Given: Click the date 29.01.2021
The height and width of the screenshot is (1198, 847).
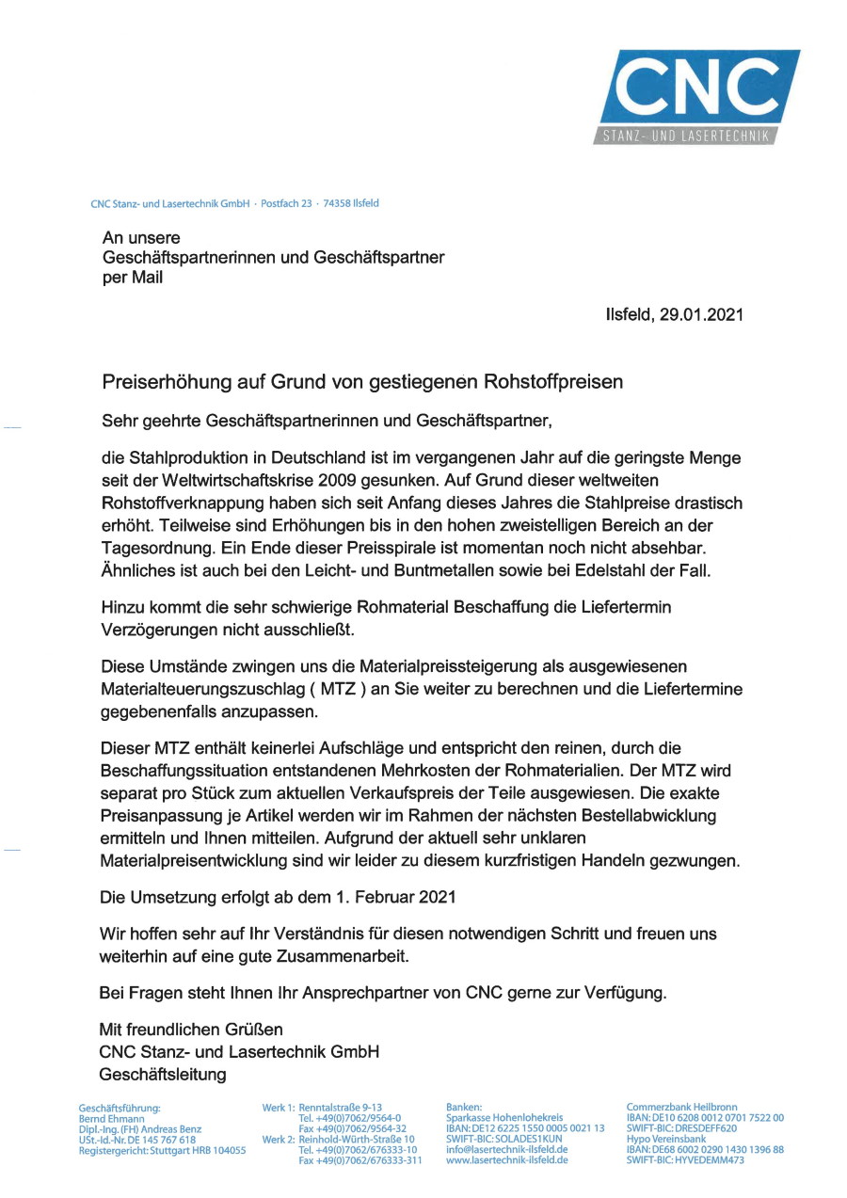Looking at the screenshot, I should [x=701, y=315].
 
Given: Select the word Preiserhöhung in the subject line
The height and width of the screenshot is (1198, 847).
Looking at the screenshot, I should [x=157, y=382].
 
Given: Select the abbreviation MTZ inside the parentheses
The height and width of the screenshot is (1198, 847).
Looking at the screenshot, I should [x=339, y=690].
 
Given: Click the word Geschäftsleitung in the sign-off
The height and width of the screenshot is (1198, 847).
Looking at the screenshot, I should [x=163, y=1074].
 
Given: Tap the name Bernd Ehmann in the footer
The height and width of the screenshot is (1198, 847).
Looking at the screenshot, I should [x=112, y=1118].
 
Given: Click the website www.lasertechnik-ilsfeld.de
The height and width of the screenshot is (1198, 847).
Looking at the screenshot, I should [x=507, y=1160].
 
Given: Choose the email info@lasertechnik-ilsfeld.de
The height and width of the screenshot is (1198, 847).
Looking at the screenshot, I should [x=507, y=1150].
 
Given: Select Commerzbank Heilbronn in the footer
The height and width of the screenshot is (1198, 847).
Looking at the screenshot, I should [x=682, y=1108].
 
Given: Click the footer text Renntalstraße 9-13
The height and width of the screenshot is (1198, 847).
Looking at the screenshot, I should [x=340, y=1108].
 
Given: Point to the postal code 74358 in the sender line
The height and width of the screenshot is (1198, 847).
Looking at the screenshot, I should [x=336, y=202].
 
